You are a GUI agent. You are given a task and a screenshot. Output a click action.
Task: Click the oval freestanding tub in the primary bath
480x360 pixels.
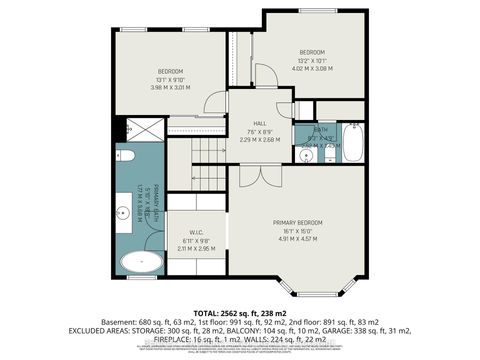tap(141, 264)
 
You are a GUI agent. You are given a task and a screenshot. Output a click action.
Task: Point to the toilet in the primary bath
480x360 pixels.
tap(126, 157)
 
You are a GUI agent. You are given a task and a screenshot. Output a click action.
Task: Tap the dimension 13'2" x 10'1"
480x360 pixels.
tap(313, 60)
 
